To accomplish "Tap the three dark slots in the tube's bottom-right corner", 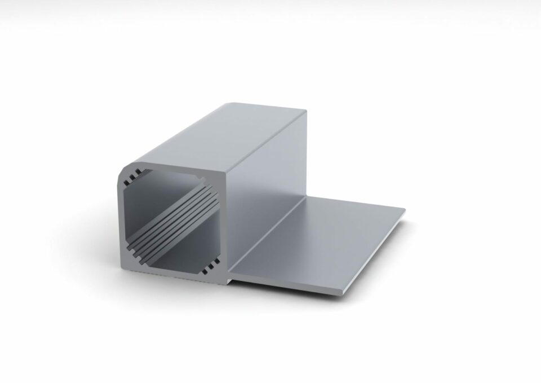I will coord(210,263).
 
